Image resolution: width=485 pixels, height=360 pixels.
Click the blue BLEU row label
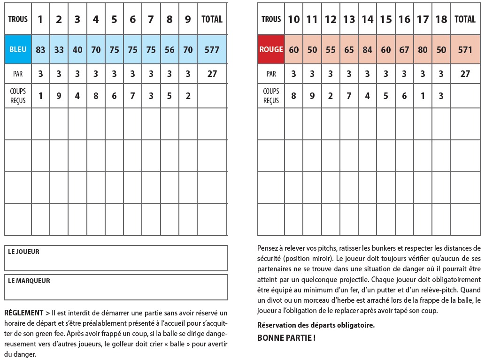(18, 49)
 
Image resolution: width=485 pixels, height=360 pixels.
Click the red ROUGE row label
(271, 49)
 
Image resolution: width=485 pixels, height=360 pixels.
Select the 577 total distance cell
(212, 49)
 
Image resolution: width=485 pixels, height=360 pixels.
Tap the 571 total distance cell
(465, 49)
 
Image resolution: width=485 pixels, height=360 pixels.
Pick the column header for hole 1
(40, 19)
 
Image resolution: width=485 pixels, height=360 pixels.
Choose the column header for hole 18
(441, 19)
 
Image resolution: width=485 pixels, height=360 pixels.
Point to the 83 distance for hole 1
(40, 49)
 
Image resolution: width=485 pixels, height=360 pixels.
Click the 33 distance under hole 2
(59, 49)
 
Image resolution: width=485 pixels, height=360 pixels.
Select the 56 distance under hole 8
(169, 49)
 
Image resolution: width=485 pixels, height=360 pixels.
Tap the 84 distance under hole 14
(367, 49)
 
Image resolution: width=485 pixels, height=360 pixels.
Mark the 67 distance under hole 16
(404, 49)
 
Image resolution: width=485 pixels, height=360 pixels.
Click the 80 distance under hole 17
(423, 49)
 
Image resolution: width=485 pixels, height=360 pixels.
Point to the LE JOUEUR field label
(23, 252)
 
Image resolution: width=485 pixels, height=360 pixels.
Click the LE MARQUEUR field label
(29, 281)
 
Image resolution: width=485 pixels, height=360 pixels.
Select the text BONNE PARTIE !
(286, 337)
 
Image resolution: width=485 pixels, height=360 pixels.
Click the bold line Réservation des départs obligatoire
(316, 325)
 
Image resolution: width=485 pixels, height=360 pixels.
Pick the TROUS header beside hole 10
(271, 19)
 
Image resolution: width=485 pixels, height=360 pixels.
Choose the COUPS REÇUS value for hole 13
(349, 96)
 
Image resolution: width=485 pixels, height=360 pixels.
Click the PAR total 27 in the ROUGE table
(465, 74)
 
